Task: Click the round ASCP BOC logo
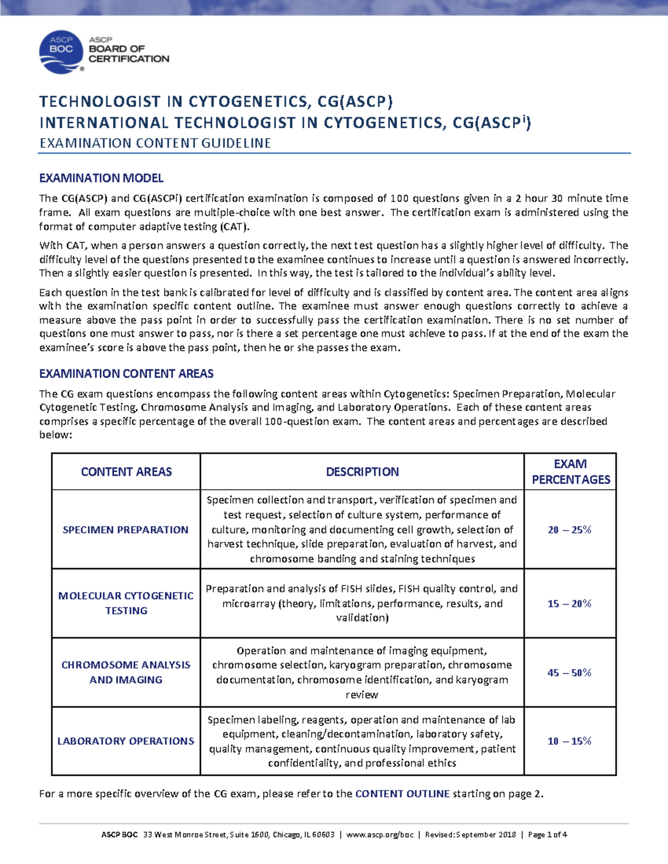[61, 52]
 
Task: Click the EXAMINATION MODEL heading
[101, 178]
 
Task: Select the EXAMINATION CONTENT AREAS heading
[126, 373]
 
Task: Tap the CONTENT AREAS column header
[126, 472]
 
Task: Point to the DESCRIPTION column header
[362, 472]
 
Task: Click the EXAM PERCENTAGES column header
[571, 472]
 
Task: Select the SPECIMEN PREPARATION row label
[126, 530]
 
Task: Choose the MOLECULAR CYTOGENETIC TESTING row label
[126, 603]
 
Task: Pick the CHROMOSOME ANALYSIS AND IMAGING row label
[126, 672]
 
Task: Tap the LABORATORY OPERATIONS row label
[126, 741]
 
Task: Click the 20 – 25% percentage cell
[569, 530]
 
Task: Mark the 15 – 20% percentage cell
[569, 604]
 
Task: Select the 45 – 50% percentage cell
[569, 673]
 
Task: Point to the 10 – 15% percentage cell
[569, 741]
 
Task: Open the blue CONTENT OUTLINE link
[402, 794]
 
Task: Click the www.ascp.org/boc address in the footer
[380, 835]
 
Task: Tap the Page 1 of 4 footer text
[547, 835]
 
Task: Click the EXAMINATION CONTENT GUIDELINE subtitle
[155, 144]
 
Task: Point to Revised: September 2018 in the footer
[470, 835]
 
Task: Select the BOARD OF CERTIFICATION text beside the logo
[129, 53]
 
